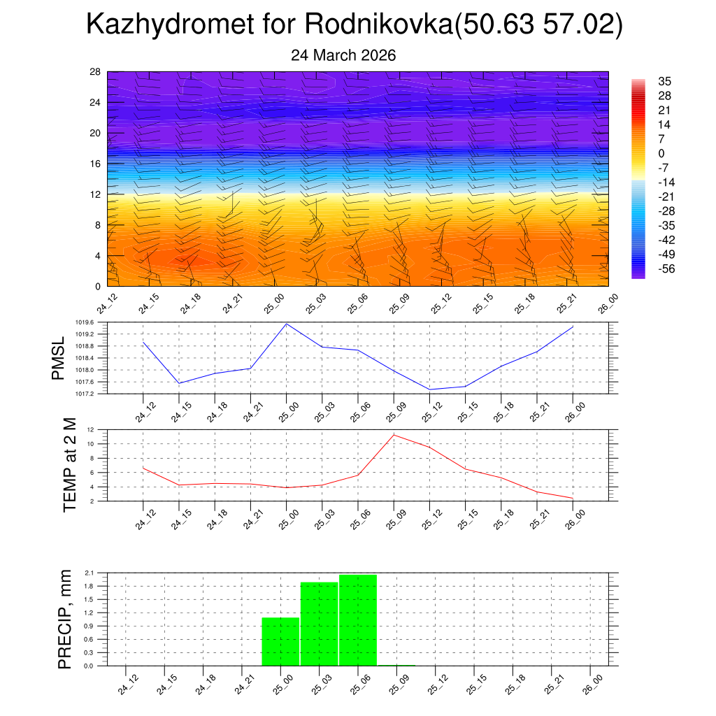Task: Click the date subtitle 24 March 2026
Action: click(x=343, y=55)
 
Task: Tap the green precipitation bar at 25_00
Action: click(x=280, y=641)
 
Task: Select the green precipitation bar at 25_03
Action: click(x=320, y=624)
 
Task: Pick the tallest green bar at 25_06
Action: click(x=358, y=620)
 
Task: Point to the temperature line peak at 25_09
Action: click(x=394, y=435)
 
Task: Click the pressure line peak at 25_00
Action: click(x=287, y=324)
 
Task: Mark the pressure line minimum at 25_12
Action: click(x=429, y=389)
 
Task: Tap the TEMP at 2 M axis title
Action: click(x=69, y=465)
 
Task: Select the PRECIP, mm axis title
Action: click(x=65, y=619)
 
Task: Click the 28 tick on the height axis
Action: click(x=95, y=72)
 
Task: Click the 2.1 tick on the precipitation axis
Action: click(x=89, y=573)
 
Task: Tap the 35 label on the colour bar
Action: click(x=664, y=81)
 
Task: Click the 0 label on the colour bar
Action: click(x=661, y=153)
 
